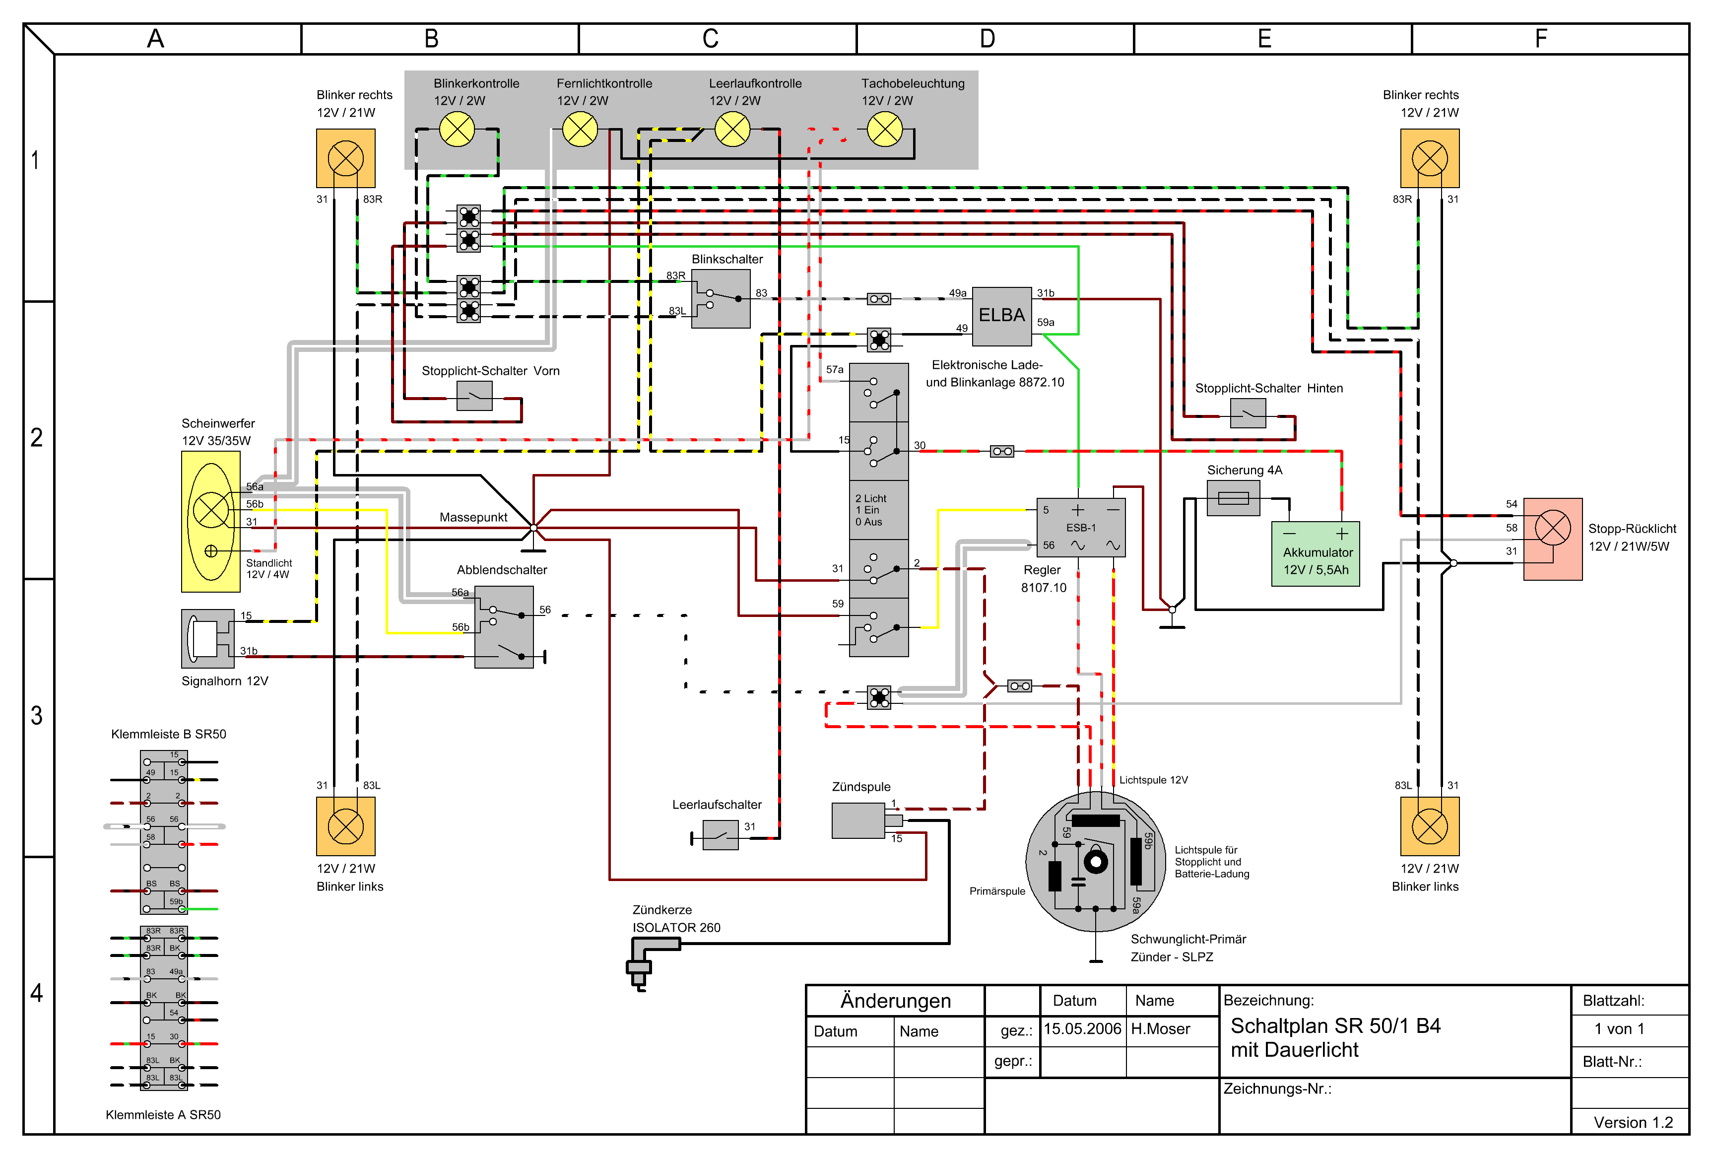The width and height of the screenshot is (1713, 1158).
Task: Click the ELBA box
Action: point(1002,316)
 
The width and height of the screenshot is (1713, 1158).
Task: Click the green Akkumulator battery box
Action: point(1316,553)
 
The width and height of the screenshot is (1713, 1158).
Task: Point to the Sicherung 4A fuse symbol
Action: point(1233,498)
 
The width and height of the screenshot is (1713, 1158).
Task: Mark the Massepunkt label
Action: point(473,517)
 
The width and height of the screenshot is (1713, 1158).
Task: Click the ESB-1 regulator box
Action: point(1081,527)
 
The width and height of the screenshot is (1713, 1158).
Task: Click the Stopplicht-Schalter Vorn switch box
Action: point(475,396)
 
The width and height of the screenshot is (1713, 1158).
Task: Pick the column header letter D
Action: point(988,38)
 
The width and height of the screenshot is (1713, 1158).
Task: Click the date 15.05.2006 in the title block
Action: point(1082,1029)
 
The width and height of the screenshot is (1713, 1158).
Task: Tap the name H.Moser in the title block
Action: point(1161,1029)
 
